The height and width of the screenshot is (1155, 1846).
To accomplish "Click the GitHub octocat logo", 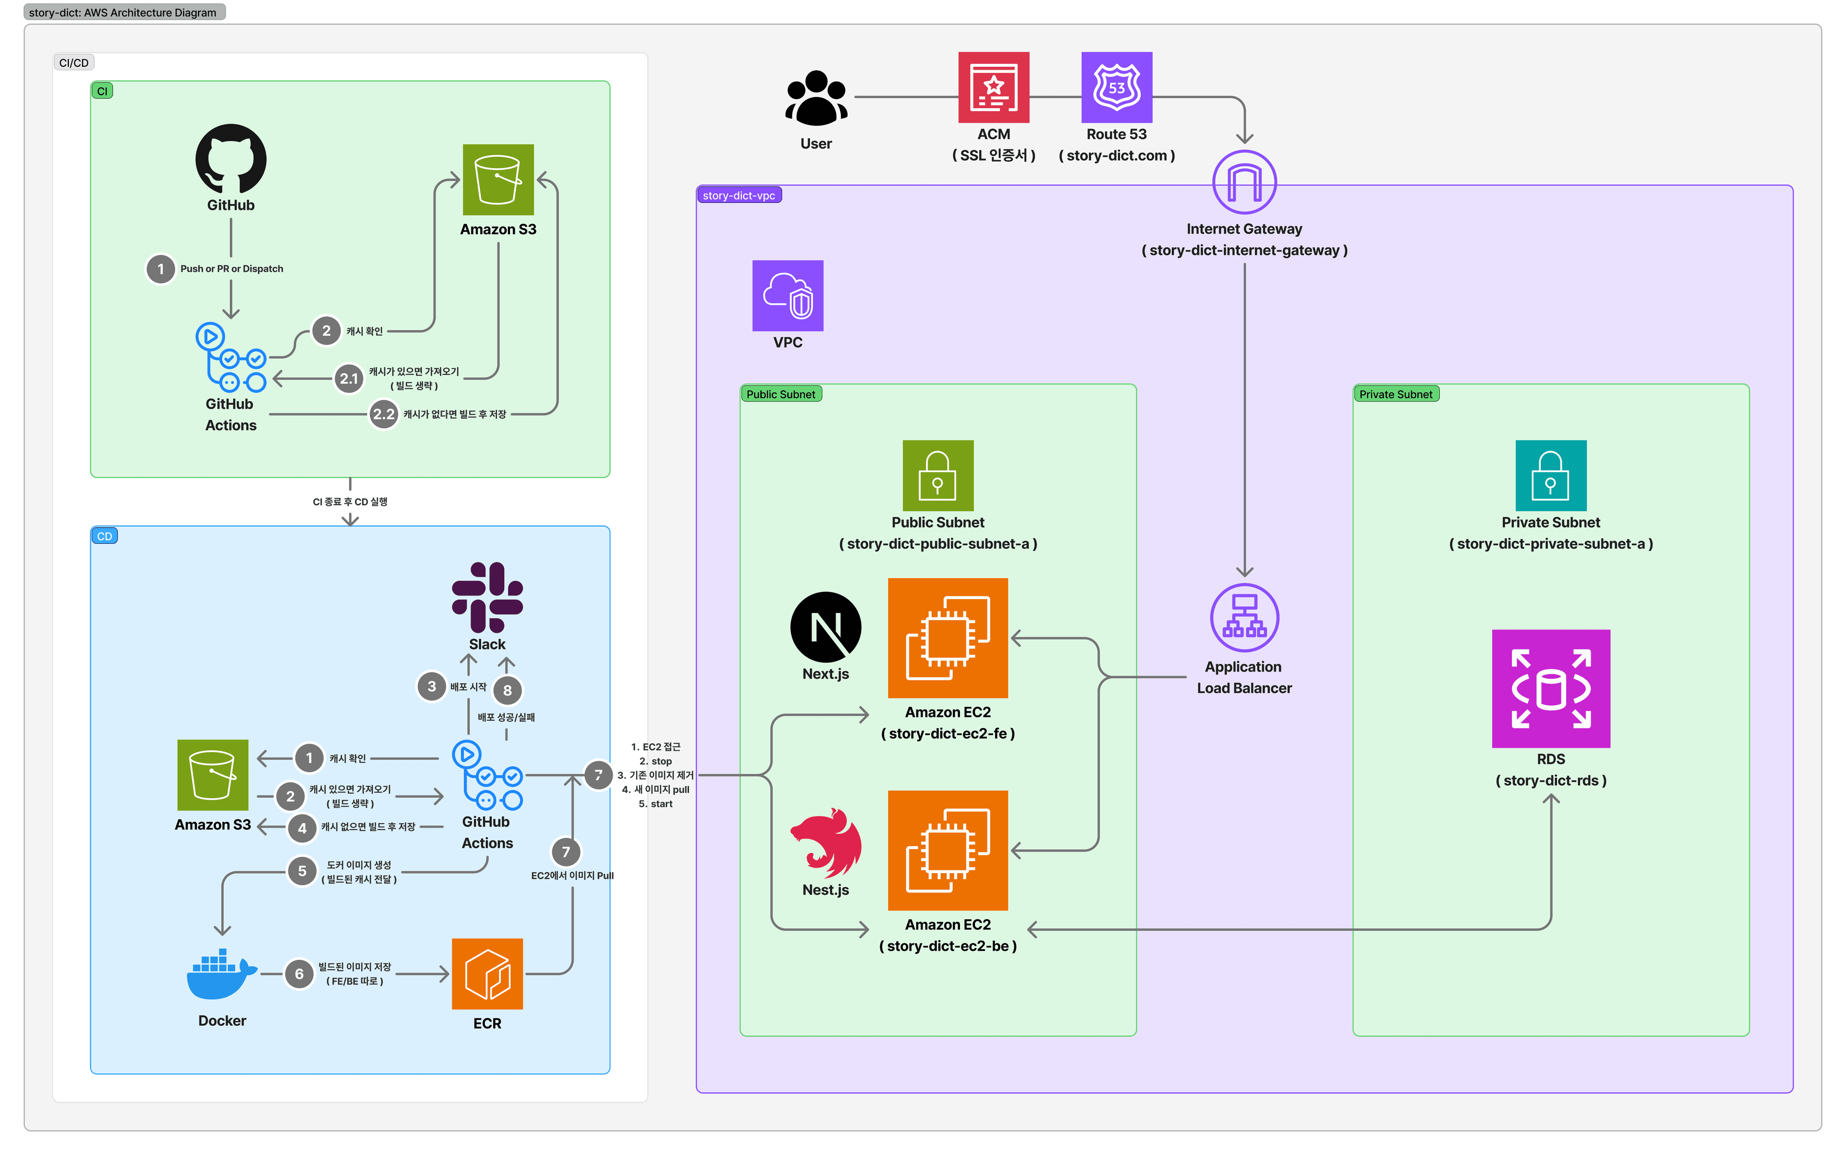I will point(231,159).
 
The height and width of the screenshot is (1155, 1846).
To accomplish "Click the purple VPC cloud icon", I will point(787,296).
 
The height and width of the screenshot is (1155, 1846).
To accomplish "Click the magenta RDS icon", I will point(1550,688).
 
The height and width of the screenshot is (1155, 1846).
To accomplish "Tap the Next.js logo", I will point(825,627).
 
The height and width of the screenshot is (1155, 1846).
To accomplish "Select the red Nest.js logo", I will point(825,842).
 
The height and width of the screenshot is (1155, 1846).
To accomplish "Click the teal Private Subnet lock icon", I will point(1550,475).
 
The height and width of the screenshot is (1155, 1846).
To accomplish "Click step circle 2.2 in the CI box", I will point(384,414).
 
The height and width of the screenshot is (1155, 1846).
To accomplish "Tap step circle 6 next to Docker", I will point(299,974).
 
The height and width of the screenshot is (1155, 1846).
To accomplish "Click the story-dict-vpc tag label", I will point(738,196).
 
